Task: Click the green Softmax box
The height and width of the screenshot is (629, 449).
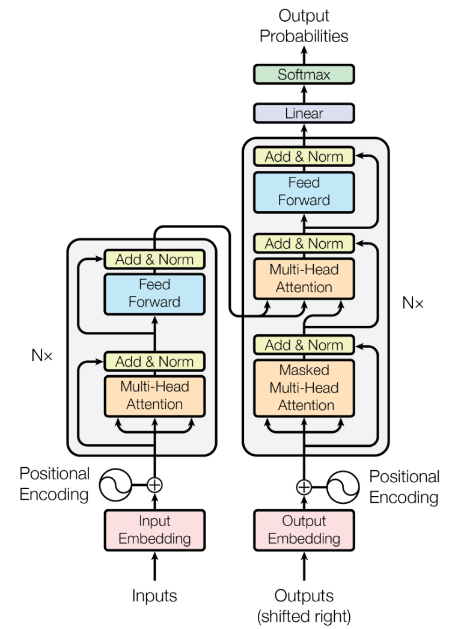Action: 304,75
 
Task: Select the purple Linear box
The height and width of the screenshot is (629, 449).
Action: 304,113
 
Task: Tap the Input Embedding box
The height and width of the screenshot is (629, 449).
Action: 155,530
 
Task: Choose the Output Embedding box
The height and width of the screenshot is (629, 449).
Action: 304,530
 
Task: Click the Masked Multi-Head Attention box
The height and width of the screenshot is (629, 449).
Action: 304,388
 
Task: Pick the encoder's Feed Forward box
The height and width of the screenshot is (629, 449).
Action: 155,293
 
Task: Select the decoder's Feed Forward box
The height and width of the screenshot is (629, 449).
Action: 304,191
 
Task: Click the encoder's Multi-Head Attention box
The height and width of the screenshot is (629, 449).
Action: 155,395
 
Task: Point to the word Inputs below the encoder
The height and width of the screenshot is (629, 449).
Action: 155,595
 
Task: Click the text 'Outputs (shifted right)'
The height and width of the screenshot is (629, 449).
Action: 304,605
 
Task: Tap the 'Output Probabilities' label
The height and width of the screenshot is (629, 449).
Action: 304,26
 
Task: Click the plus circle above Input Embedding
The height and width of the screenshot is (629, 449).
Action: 155,484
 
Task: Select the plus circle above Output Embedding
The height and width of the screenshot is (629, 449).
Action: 304,486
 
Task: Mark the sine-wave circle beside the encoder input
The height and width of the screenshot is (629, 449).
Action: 115,484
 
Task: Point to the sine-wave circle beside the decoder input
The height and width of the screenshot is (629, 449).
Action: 344,486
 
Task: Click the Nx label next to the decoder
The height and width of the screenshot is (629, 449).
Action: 413,302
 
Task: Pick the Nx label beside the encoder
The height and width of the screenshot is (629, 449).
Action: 42,355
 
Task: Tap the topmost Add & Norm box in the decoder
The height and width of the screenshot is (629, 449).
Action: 304,156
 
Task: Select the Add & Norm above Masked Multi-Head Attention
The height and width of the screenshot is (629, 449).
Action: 304,345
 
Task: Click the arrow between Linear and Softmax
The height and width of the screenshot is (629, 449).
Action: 304,94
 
